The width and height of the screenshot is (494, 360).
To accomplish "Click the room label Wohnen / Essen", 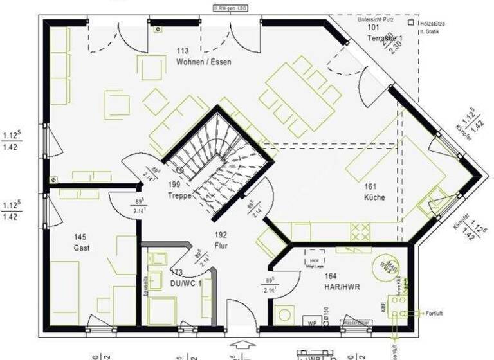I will click(x=203, y=62).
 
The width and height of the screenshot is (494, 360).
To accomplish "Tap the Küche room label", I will click(x=374, y=197).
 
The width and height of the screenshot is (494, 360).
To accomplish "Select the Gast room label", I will click(x=81, y=248).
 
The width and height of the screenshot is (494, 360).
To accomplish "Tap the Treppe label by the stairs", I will click(x=179, y=197).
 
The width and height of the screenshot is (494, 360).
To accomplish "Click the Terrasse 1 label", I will click(x=385, y=39).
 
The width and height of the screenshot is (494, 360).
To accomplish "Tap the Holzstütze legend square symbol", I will click(x=410, y=22).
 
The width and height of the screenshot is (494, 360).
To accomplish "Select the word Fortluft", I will click(x=435, y=313).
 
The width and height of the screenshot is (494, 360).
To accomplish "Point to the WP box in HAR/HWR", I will click(x=313, y=322).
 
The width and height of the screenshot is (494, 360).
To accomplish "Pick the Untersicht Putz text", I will click(x=380, y=19).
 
